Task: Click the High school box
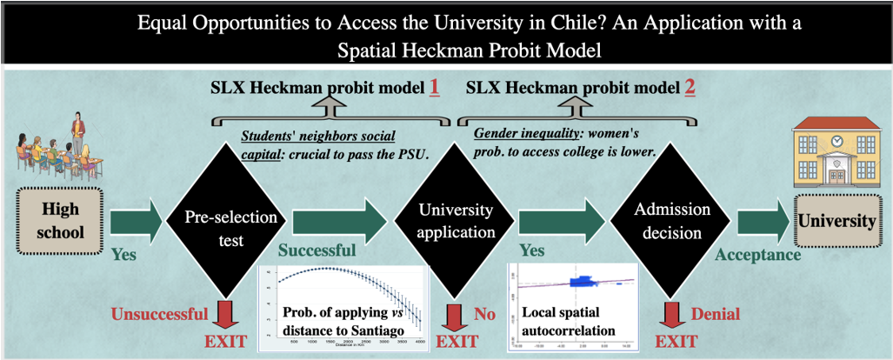[x=60, y=221]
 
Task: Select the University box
[x=837, y=221]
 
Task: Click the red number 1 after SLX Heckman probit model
[x=432, y=88]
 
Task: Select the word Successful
[x=317, y=251]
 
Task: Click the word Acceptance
[x=758, y=254]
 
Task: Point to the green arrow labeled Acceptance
[x=761, y=221]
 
